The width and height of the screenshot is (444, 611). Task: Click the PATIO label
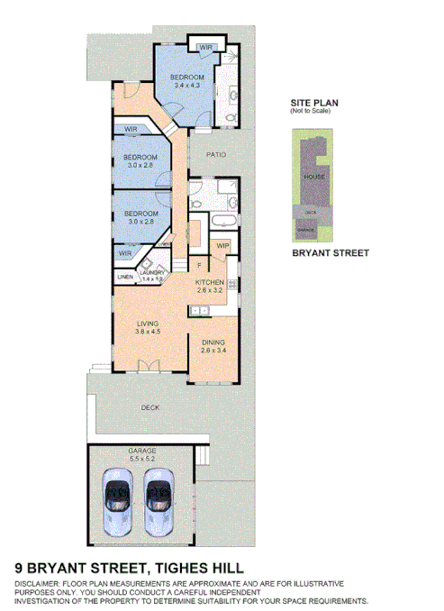pyautogui.click(x=215, y=155)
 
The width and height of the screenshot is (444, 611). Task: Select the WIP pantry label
pyautogui.click(x=222, y=244)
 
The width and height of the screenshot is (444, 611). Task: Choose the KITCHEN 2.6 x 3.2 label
pyautogui.click(x=214, y=287)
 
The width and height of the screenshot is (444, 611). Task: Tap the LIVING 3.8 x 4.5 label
pyautogui.click(x=148, y=327)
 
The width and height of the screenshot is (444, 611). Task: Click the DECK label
pyautogui.click(x=150, y=408)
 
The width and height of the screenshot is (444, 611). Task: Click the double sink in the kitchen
pyautogui.click(x=201, y=311)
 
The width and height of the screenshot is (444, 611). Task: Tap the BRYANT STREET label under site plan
pyautogui.click(x=331, y=253)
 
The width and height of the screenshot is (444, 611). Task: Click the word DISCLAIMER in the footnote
pyautogui.click(x=37, y=585)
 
